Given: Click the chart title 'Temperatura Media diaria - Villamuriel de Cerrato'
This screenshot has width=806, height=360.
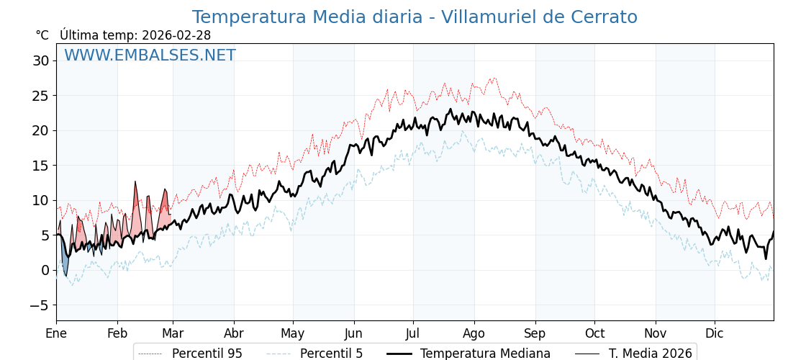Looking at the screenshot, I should (x=415, y=17).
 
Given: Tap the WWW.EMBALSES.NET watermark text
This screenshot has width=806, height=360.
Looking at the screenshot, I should (x=150, y=55).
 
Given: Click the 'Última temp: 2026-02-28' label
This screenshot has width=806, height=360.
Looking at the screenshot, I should (x=135, y=35).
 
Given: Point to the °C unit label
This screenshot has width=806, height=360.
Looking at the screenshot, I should (x=42, y=35).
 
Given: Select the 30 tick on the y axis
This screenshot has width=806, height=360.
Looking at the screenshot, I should (x=40, y=60).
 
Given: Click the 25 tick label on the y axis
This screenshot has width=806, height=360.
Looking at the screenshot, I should (x=40, y=96).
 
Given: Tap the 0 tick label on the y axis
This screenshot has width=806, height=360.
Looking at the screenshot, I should (x=45, y=270).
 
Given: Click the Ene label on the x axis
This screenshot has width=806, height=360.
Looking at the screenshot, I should (x=56, y=333).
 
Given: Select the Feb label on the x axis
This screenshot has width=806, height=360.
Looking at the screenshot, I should (x=117, y=333).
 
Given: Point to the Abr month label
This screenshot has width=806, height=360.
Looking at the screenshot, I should (x=234, y=333).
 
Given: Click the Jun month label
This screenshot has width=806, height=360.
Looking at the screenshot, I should (x=353, y=333).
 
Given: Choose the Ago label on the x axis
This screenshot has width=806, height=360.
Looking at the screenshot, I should (x=474, y=333).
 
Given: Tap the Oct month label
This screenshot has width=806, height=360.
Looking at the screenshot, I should (x=594, y=333).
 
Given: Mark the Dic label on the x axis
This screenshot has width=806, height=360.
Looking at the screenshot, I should (x=715, y=333).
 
